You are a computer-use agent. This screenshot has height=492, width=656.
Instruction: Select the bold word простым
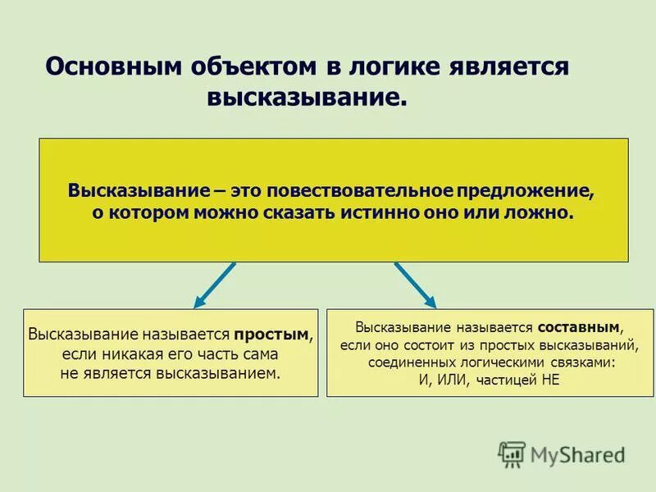(271, 335)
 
